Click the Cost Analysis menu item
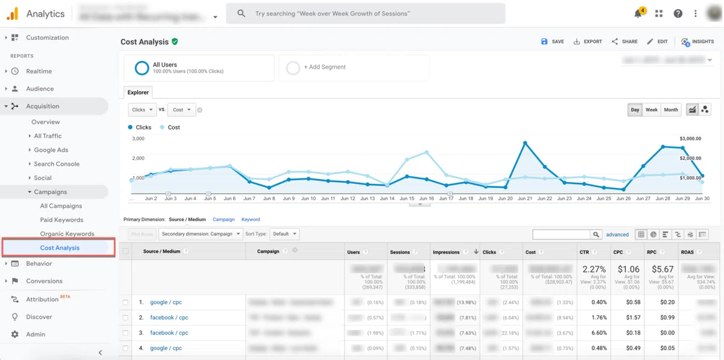point(60,248)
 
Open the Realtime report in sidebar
point(39,71)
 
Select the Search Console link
point(57,164)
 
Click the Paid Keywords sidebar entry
point(62,220)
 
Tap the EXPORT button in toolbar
point(588,42)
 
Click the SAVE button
point(553,42)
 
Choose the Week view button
point(652,110)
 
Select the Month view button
point(671,110)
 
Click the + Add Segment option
point(325,68)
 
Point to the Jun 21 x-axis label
point(525,198)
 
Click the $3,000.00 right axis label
point(690,139)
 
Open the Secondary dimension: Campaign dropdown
point(201,234)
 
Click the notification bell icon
point(638,13)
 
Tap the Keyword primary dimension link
point(250,219)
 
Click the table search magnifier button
point(596,235)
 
